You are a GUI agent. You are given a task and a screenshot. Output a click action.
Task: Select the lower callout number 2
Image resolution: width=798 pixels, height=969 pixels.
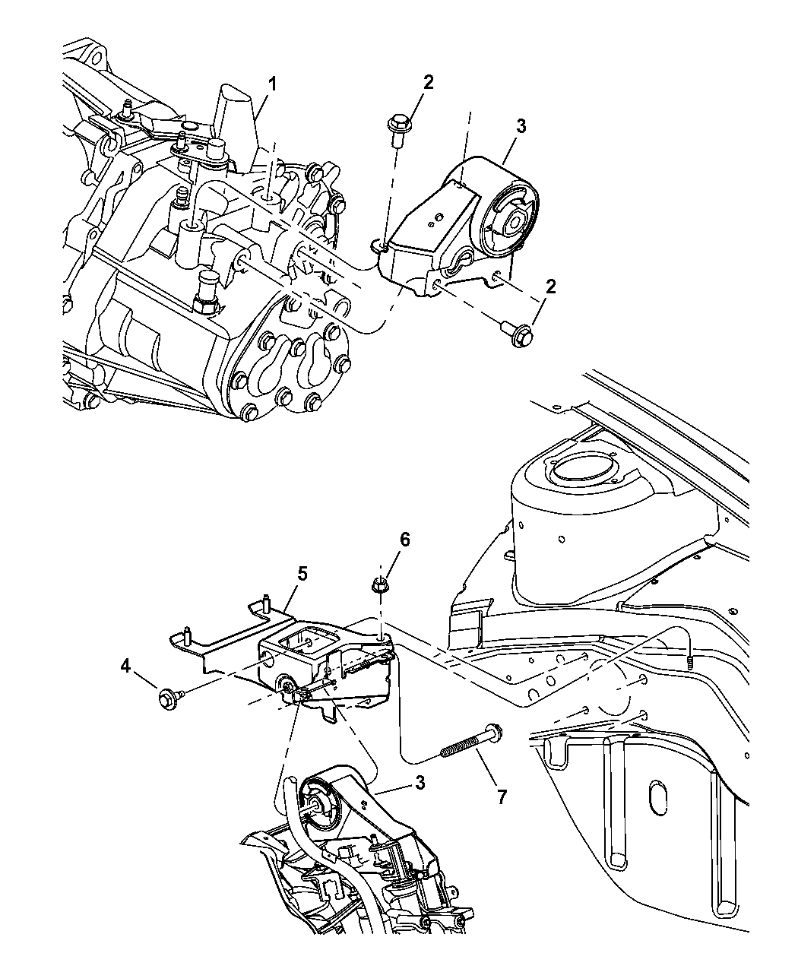(551, 287)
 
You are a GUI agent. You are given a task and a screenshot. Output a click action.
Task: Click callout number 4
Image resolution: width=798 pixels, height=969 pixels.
(125, 667)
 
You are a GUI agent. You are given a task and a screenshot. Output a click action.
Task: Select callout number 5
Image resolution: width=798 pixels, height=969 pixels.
(302, 573)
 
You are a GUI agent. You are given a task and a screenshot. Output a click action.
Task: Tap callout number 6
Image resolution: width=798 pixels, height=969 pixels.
(404, 540)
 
